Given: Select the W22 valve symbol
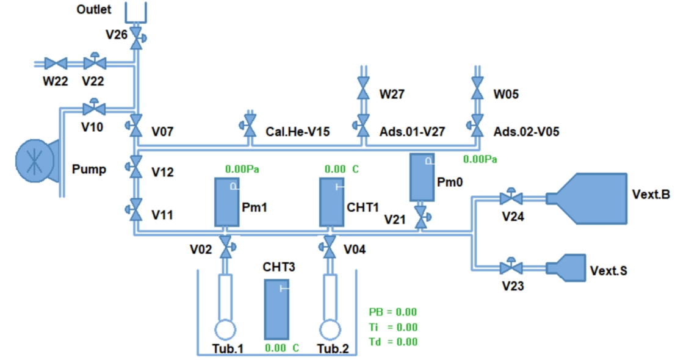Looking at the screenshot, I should pyautogui.click(x=59, y=63).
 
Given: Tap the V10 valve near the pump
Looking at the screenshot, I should pyautogui.click(x=94, y=109).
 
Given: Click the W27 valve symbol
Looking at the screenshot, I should pyautogui.click(x=363, y=93).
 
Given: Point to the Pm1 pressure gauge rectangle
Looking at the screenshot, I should pyautogui.click(x=226, y=201).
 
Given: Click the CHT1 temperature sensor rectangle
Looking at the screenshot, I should pyautogui.click(x=332, y=202).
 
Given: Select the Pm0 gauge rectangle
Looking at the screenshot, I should pyautogui.click(x=422, y=177).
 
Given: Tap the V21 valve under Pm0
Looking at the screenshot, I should pyautogui.click(x=421, y=216).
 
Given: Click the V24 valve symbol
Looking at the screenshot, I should pyautogui.click(x=510, y=198).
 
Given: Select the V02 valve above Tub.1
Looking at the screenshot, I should pyautogui.click(x=226, y=248).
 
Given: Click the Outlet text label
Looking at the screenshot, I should pyautogui.click(x=94, y=10).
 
